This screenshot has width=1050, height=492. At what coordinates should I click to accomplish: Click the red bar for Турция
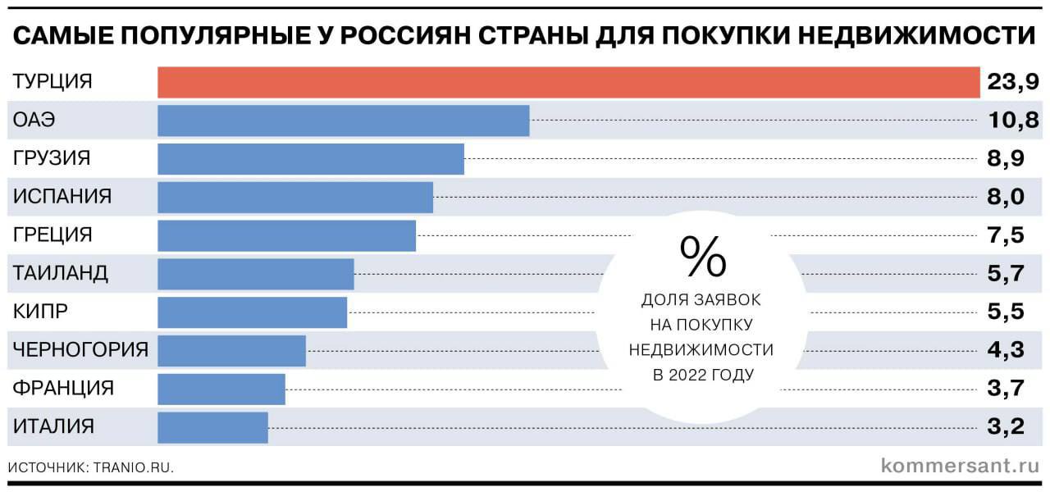point(568,82)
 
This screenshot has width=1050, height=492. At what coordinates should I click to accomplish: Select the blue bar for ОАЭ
point(343,121)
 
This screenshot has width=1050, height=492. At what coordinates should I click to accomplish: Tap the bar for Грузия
point(310,158)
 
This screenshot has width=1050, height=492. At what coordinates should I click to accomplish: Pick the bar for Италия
point(212,427)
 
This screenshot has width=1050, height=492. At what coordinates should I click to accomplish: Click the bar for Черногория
point(231,350)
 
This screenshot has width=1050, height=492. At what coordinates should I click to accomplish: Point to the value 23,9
point(1013,82)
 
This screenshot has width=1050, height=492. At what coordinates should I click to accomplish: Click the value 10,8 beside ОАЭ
point(1013,121)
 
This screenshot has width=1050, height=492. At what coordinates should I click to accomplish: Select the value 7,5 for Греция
point(1006,235)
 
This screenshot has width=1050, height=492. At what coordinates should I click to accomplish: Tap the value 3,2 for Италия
point(1006,427)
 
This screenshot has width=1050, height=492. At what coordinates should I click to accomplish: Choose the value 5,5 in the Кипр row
point(1006,312)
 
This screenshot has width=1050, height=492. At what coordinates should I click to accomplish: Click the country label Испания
point(62,197)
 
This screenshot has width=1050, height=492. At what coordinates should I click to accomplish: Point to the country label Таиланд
point(61,274)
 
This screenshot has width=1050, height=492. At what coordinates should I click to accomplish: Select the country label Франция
point(63,389)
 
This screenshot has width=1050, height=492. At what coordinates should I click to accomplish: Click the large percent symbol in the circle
point(702,256)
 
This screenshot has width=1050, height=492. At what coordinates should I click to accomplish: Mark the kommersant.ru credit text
point(959,466)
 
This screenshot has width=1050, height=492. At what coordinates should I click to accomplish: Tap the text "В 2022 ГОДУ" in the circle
point(702,376)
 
